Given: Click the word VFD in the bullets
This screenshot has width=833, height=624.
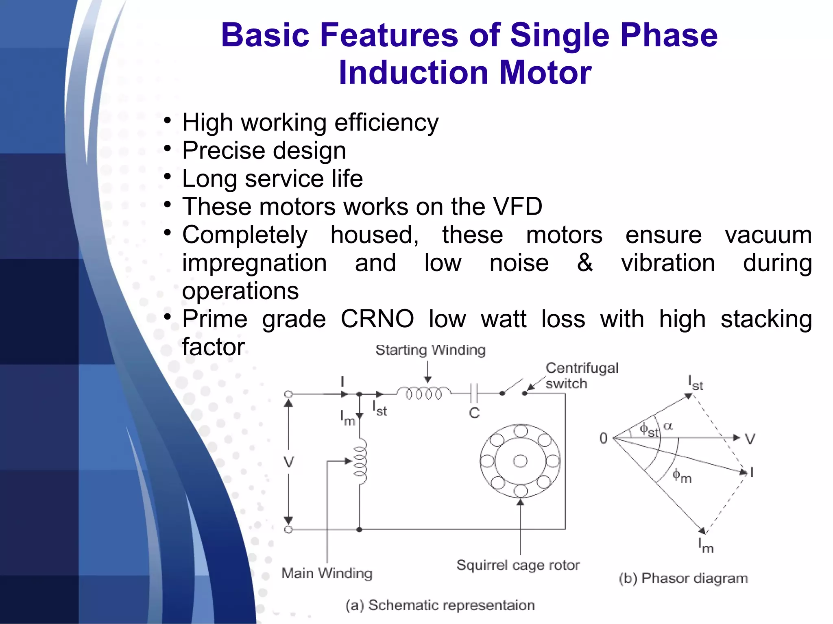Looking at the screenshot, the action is (517, 207).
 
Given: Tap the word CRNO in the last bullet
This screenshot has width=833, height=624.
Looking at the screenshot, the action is (377, 319).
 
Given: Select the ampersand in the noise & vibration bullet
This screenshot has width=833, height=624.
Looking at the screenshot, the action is (584, 263).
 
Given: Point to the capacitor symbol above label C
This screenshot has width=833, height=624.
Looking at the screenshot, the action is (474, 393).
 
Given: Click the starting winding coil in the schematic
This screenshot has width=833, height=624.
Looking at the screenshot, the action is (423, 393).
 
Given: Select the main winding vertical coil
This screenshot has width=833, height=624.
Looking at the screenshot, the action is (360, 461).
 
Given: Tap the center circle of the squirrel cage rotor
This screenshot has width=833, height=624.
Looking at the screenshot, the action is (520, 461).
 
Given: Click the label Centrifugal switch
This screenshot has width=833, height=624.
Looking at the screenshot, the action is (582, 376).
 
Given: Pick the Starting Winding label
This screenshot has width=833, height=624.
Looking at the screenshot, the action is (430, 350).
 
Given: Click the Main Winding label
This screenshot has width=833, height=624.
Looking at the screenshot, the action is (327, 573).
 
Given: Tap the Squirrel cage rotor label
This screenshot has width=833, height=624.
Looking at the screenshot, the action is (518, 565).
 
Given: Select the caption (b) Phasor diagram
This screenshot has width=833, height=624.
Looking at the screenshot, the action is (683, 578).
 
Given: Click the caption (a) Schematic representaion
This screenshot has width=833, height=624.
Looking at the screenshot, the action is (440, 605).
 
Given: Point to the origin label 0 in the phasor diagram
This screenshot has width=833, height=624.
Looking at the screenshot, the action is (604, 438).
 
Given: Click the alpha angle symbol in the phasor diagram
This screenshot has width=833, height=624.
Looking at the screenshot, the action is (668, 426).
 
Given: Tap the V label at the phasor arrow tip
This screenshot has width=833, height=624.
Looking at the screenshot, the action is (750, 439).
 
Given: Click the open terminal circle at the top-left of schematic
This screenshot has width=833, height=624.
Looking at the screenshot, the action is (288, 394).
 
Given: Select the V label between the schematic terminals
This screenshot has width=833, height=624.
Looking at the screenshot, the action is (289, 462).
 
